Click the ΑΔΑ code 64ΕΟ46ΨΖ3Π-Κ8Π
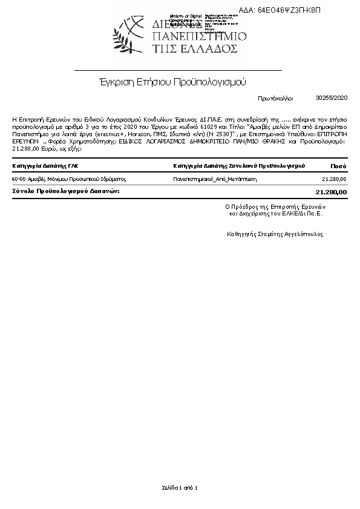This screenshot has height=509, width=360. coord(288,10)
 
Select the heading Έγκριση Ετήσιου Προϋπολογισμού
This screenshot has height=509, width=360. coord(173,81)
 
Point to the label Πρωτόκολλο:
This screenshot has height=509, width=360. coord(275,97)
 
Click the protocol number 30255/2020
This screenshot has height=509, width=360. coord(332,97)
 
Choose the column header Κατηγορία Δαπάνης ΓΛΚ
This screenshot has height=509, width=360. coord(45,165)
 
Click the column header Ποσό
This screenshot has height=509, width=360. coord(339,165)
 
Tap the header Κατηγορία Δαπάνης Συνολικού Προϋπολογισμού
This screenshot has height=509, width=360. coord(238,165)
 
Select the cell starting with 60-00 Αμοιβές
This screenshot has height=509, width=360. coord(68,179)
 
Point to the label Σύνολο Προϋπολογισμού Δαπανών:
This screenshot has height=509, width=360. coord(66,191)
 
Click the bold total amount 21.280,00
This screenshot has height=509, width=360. coord(332,191)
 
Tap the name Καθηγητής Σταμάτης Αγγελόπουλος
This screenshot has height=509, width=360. coord(275,233)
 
